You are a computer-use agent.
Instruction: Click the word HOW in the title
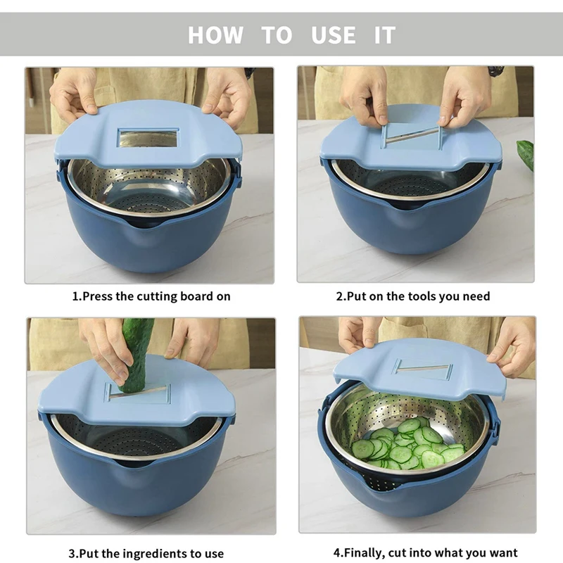[x=215, y=34]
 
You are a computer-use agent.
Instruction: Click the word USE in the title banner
[x=333, y=34]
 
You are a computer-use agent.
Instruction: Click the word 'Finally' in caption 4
[x=364, y=552]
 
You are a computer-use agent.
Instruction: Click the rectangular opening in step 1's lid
[x=148, y=138]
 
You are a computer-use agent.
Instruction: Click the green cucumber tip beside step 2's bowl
[x=524, y=153]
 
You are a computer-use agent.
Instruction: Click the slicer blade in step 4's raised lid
[x=422, y=369]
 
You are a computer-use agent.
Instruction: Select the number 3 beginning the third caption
[x=72, y=553]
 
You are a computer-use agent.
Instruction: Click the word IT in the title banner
[x=384, y=34]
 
